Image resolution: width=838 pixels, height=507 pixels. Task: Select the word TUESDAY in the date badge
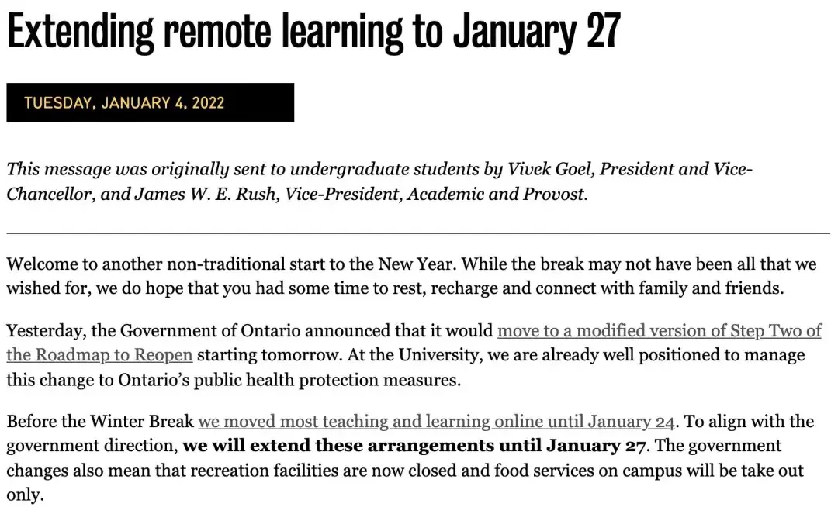click(x=56, y=103)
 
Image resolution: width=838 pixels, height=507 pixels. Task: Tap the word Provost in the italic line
click(x=553, y=194)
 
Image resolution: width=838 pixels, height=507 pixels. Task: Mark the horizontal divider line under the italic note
click(x=418, y=233)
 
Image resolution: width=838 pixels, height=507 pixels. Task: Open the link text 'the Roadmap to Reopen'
click(x=99, y=356)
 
